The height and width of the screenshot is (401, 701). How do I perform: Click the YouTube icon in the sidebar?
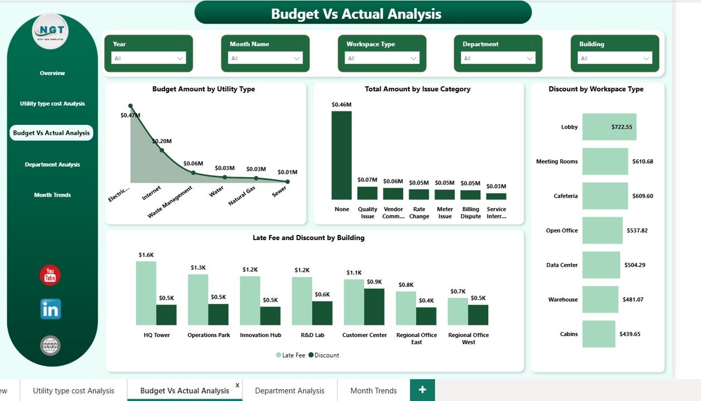click(x=50, y=275)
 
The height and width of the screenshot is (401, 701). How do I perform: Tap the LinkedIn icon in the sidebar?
click(x=50, y=309)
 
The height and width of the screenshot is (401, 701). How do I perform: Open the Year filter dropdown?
click(x=148, y=58)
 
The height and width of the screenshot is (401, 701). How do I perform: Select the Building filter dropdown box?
click(x=615, y=58)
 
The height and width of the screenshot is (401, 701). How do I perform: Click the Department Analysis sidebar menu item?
click(x=52, y=164)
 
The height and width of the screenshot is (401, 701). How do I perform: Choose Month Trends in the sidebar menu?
click(x=52, y=195)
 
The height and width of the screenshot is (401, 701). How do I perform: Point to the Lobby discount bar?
click(x=609, y=127)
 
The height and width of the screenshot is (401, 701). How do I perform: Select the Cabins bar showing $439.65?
click(x=598, y=334)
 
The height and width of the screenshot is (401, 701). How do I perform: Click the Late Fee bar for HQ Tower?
click(x=146, y=293)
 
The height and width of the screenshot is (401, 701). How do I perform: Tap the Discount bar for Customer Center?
click(x=374, y=306)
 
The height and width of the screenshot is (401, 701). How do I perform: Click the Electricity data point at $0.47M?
click(x=130, y=106)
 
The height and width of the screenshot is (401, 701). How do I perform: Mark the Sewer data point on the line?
click(x=288, y=181)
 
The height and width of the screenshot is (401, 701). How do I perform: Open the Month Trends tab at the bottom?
click(x=373, y=390)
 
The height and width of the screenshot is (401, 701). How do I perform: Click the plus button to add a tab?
click(x=422, y=390)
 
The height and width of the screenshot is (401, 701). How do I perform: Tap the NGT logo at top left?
click(x=51, y=32)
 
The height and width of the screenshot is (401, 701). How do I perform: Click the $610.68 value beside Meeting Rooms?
click(x=642, y=162)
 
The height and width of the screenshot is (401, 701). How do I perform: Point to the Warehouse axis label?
click(x=563, y=300)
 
